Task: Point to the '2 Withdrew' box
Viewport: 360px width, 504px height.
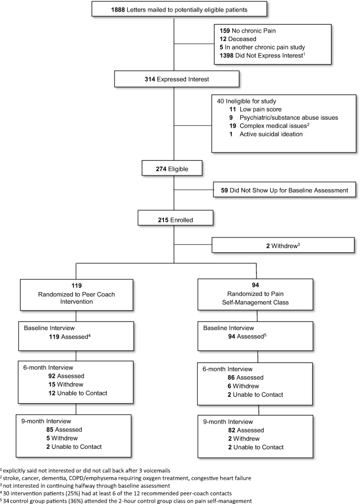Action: coord(283,245)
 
